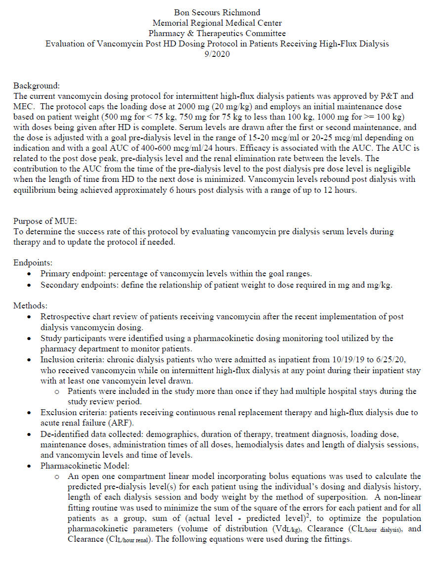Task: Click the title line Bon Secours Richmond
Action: pos(218,12)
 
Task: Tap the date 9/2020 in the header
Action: pos(218,54)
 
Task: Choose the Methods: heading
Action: pos(30,306)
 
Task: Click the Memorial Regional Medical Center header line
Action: pos(218,23)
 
